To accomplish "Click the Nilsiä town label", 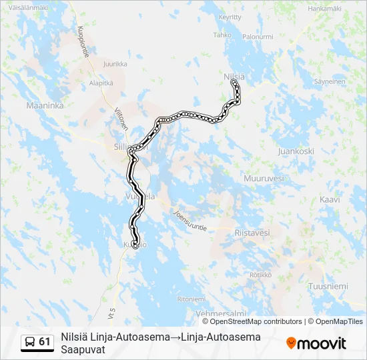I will (234, 77).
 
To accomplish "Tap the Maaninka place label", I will (44, 105).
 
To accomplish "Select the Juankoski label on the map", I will (296, 151).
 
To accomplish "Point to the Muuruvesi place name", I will (264, 178).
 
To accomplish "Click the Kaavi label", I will (330, 199).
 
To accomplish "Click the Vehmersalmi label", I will (220, 313).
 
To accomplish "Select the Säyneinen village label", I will (330, 81).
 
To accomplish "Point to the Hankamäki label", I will (324, 8).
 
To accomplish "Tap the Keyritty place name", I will (229, 17).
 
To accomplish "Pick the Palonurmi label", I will (258, 37).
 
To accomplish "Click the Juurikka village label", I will (115, 64).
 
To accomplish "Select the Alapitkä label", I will (101, 83).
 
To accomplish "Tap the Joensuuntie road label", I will (190, 221).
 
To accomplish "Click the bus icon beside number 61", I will (30, 342).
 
